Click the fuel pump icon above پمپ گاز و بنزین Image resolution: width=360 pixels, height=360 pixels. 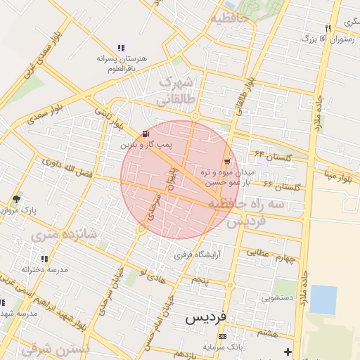coord(146,134)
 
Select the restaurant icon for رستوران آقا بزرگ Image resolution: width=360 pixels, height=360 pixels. coord(328,28)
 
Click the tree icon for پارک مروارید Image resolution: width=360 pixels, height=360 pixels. coord(16,200)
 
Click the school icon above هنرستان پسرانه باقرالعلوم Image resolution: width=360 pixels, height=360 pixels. coord(121,48)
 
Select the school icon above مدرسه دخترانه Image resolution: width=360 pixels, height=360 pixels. coord(45,259)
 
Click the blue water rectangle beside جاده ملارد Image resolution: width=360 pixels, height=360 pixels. coord(323,299)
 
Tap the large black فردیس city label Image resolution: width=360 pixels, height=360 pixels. coord(205,318)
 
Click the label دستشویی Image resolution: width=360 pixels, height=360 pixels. coord(276,297)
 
